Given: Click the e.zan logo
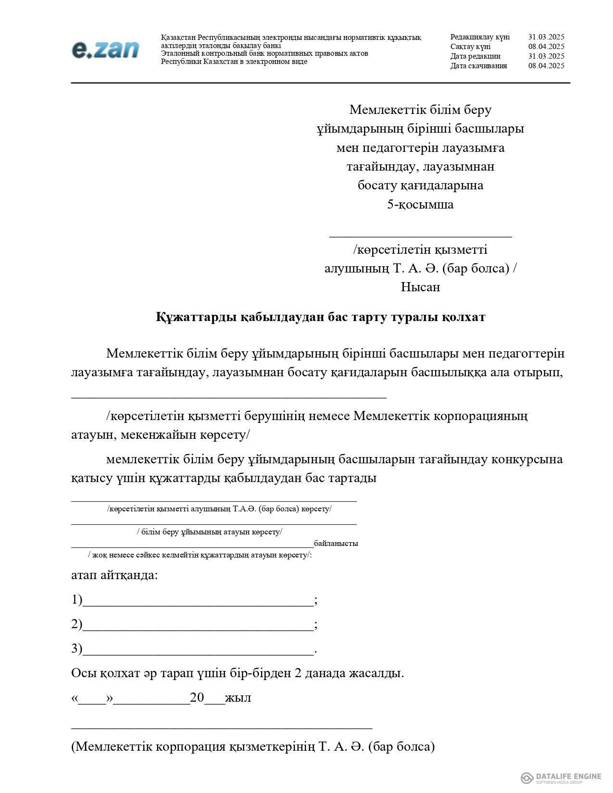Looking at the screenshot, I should (105, 50).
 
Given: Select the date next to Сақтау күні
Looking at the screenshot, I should (546, 47).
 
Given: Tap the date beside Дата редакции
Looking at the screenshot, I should (546, 56).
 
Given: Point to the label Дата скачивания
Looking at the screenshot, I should (478, 66).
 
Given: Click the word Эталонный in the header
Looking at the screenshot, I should (179, 53).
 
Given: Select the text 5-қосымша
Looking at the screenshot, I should (420, 204).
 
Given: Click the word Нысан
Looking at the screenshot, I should (420, 287).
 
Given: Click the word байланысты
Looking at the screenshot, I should (336, 544).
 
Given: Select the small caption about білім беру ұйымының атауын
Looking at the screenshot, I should (210, 532).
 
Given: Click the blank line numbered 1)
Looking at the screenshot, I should (198, 601).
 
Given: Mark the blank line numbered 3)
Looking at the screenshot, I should (198, 650).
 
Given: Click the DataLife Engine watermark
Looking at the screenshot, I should (561, 778).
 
